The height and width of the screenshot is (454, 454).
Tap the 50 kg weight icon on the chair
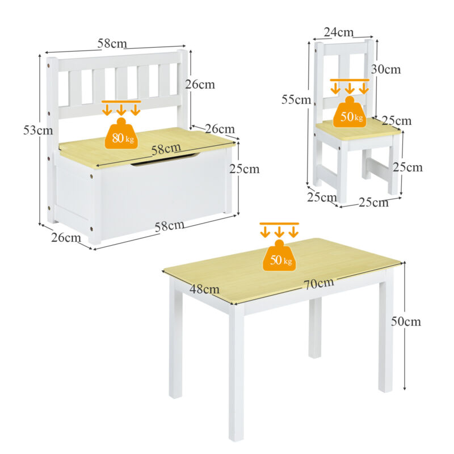(x=350, y=112)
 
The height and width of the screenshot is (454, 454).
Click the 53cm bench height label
(x=38, y=131)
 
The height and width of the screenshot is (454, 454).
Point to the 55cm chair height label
(x=296, y=100)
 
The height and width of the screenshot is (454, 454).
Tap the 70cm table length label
(x=319, y=283)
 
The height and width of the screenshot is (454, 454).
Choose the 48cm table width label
(x=204, y=289)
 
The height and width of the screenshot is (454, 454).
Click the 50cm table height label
(x=406, y=321)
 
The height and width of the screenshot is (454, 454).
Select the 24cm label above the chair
(x=338, y=32)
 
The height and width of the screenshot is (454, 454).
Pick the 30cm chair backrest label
(x=386, y=69)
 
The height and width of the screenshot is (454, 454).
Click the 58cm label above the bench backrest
(x=112, y=44)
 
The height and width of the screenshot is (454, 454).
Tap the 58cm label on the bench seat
(x=166, y=149)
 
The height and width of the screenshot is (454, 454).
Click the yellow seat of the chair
(x=358, y=129)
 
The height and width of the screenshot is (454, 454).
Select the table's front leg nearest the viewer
(x=236, y=373)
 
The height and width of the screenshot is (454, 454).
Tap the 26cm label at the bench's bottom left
(x=66, y=238)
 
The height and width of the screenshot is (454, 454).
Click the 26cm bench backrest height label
(x=200, y=84)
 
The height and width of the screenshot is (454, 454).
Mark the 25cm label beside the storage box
(x=245, y=169)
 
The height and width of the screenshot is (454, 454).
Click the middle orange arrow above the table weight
(x=279, y=232)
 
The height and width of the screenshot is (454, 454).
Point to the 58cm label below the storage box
(x=169, y=226)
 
